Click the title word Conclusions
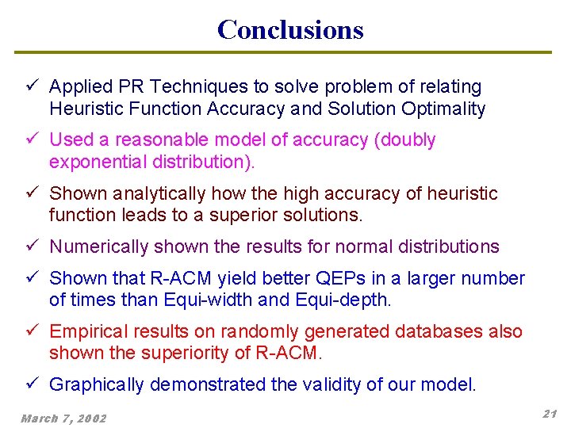point(290,29)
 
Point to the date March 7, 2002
point(63,418)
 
